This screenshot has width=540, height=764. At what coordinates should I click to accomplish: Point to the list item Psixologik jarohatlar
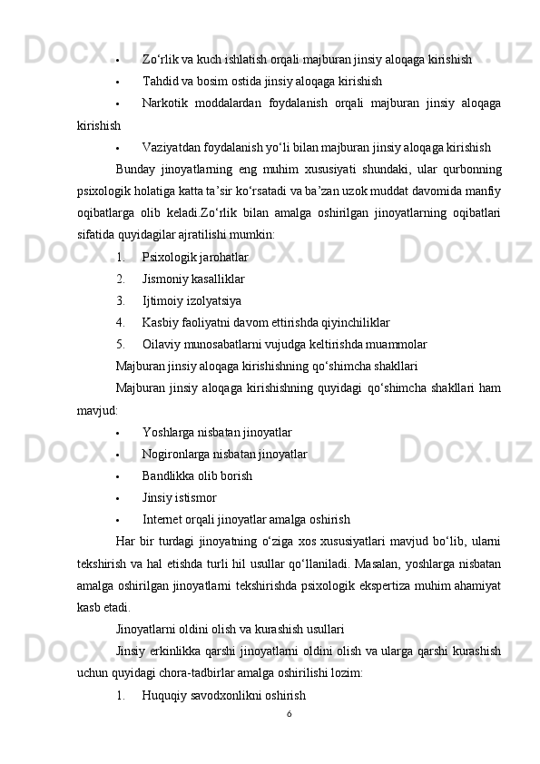coord(194,257)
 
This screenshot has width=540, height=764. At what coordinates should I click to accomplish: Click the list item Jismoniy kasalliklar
coord(192,279)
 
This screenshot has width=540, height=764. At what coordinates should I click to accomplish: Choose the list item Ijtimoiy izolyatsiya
coord(191,300)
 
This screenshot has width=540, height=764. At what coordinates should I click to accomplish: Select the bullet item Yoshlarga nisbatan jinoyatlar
coord(216,432)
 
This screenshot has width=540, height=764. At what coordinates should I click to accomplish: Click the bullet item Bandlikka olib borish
coord(197,475)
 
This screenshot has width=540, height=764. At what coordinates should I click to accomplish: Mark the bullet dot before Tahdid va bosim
coord(119,82)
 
